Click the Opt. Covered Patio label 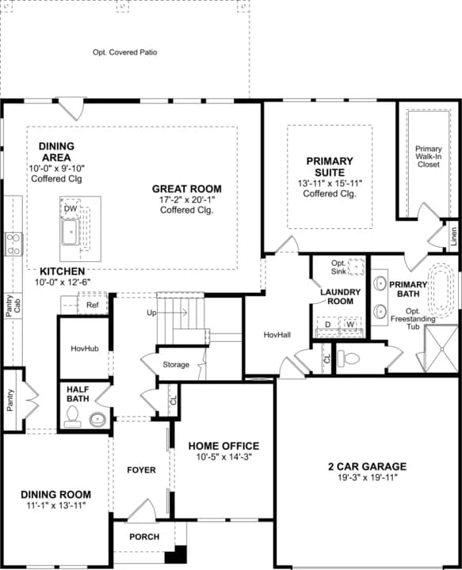coord(125,52)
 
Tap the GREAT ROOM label coord(187,188)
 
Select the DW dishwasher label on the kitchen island coord(71,208)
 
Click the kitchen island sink coord(71,233)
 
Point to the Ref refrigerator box coord(93,305)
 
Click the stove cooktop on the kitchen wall coord(13,243)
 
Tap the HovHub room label coord(84,348)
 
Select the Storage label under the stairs coord(176,365)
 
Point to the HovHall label coord(277,335)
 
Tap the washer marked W coord(349,325)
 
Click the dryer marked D coord(328,325)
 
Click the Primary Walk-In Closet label coord(429,157)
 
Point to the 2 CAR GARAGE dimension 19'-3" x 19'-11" coord(367,477)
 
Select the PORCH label coord(144,537)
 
